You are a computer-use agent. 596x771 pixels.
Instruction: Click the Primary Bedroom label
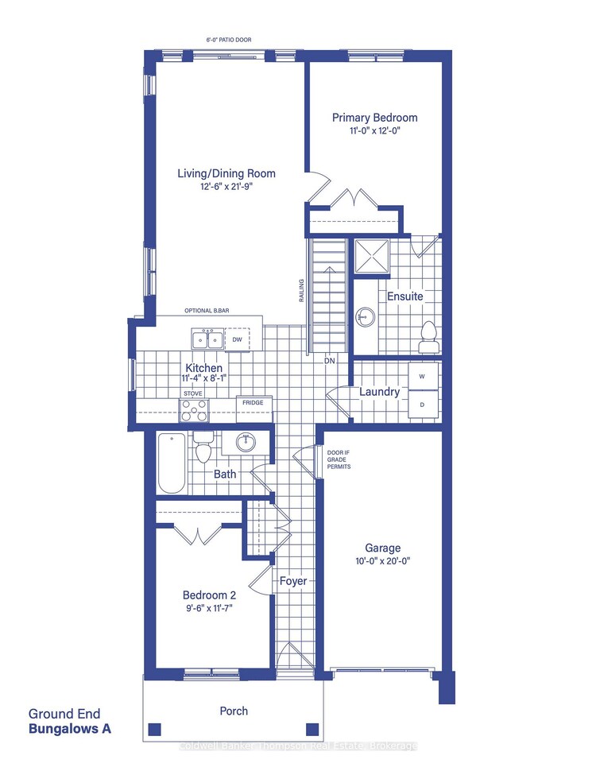374,118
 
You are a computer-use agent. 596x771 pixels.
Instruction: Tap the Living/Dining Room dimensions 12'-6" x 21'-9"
226,188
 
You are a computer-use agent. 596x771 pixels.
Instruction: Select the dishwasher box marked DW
237,340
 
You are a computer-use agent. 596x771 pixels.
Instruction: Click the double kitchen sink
207,339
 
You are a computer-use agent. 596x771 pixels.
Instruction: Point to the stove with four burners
194,410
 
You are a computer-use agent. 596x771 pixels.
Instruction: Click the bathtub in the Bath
172,463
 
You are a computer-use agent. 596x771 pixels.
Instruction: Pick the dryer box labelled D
422,405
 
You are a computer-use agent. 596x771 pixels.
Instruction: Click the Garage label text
382,548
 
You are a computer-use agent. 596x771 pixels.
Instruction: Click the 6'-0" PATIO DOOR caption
227,39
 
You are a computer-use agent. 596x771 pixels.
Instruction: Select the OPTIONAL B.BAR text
207,311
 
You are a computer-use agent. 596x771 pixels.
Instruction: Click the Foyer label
292,581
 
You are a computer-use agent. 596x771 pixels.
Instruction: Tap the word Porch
234,711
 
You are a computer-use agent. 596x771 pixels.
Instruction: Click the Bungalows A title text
70,727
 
